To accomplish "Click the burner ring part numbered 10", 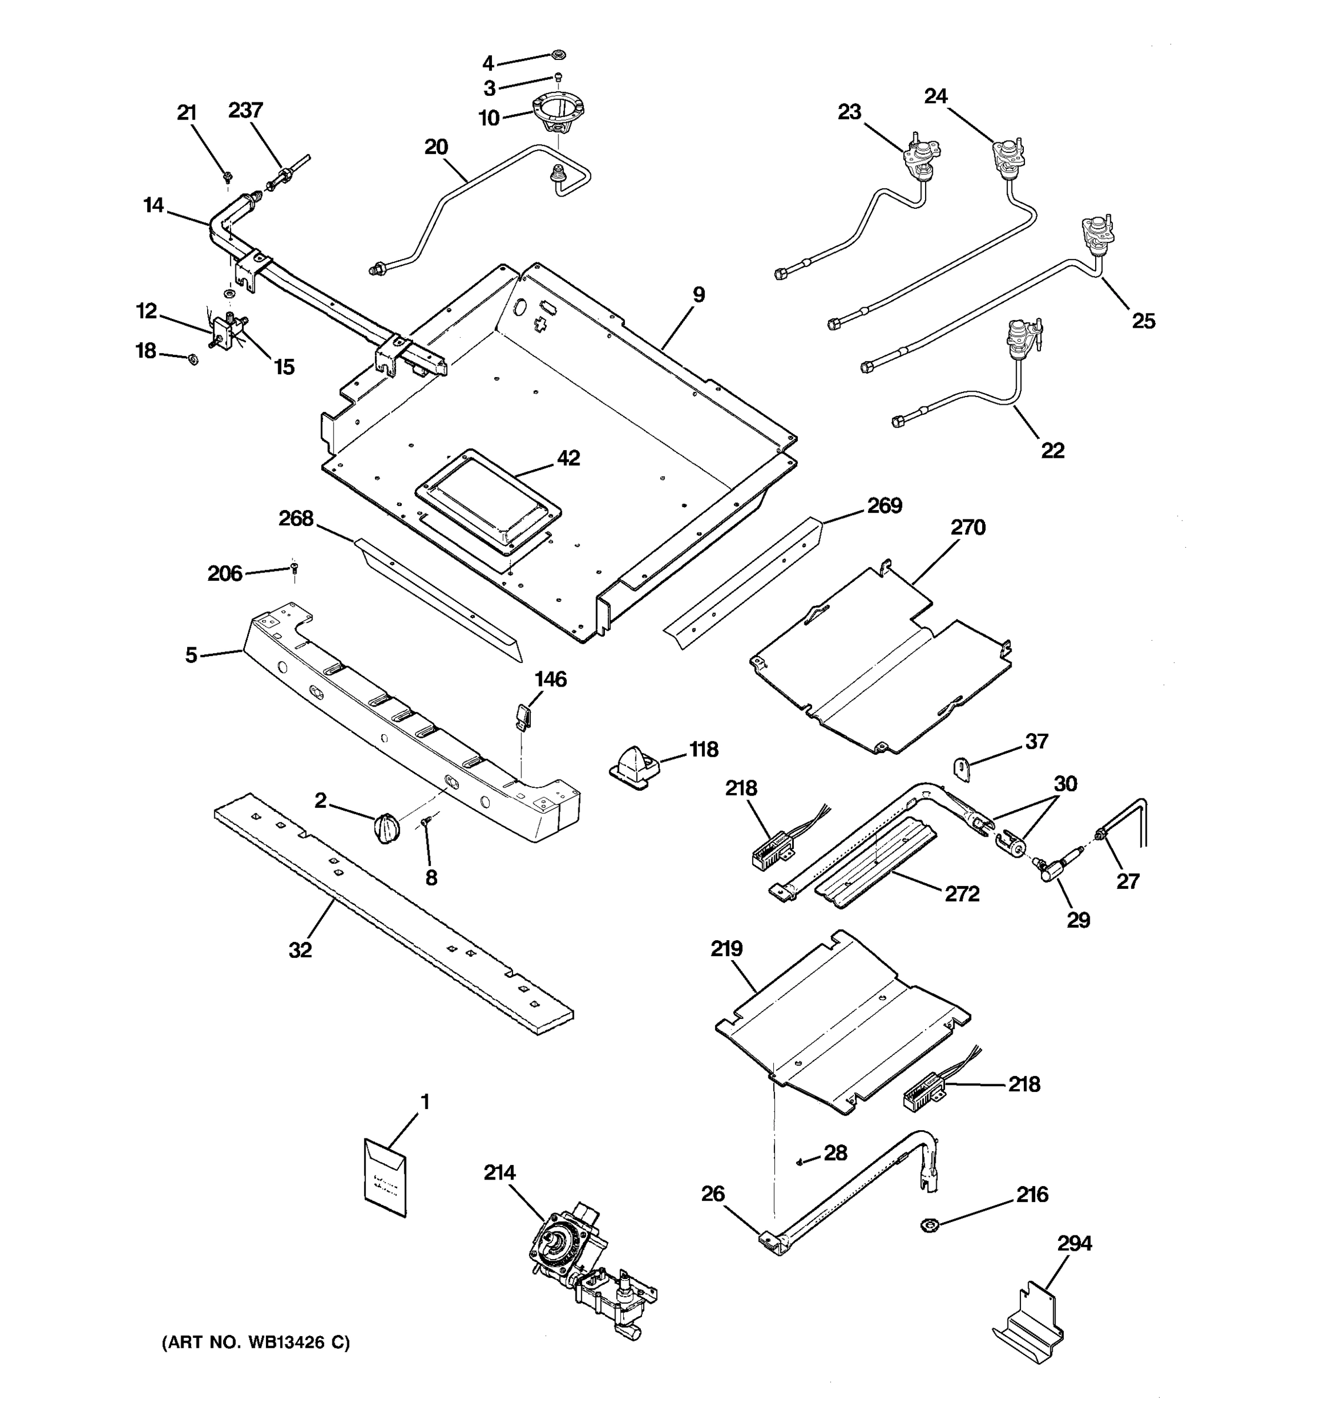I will point(559,114).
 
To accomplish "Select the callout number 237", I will point(246,110).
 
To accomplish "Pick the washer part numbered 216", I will point(929,1224).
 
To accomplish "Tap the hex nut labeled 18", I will point(192,360).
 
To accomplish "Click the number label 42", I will point(568,458).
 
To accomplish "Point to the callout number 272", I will point(962,894).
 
